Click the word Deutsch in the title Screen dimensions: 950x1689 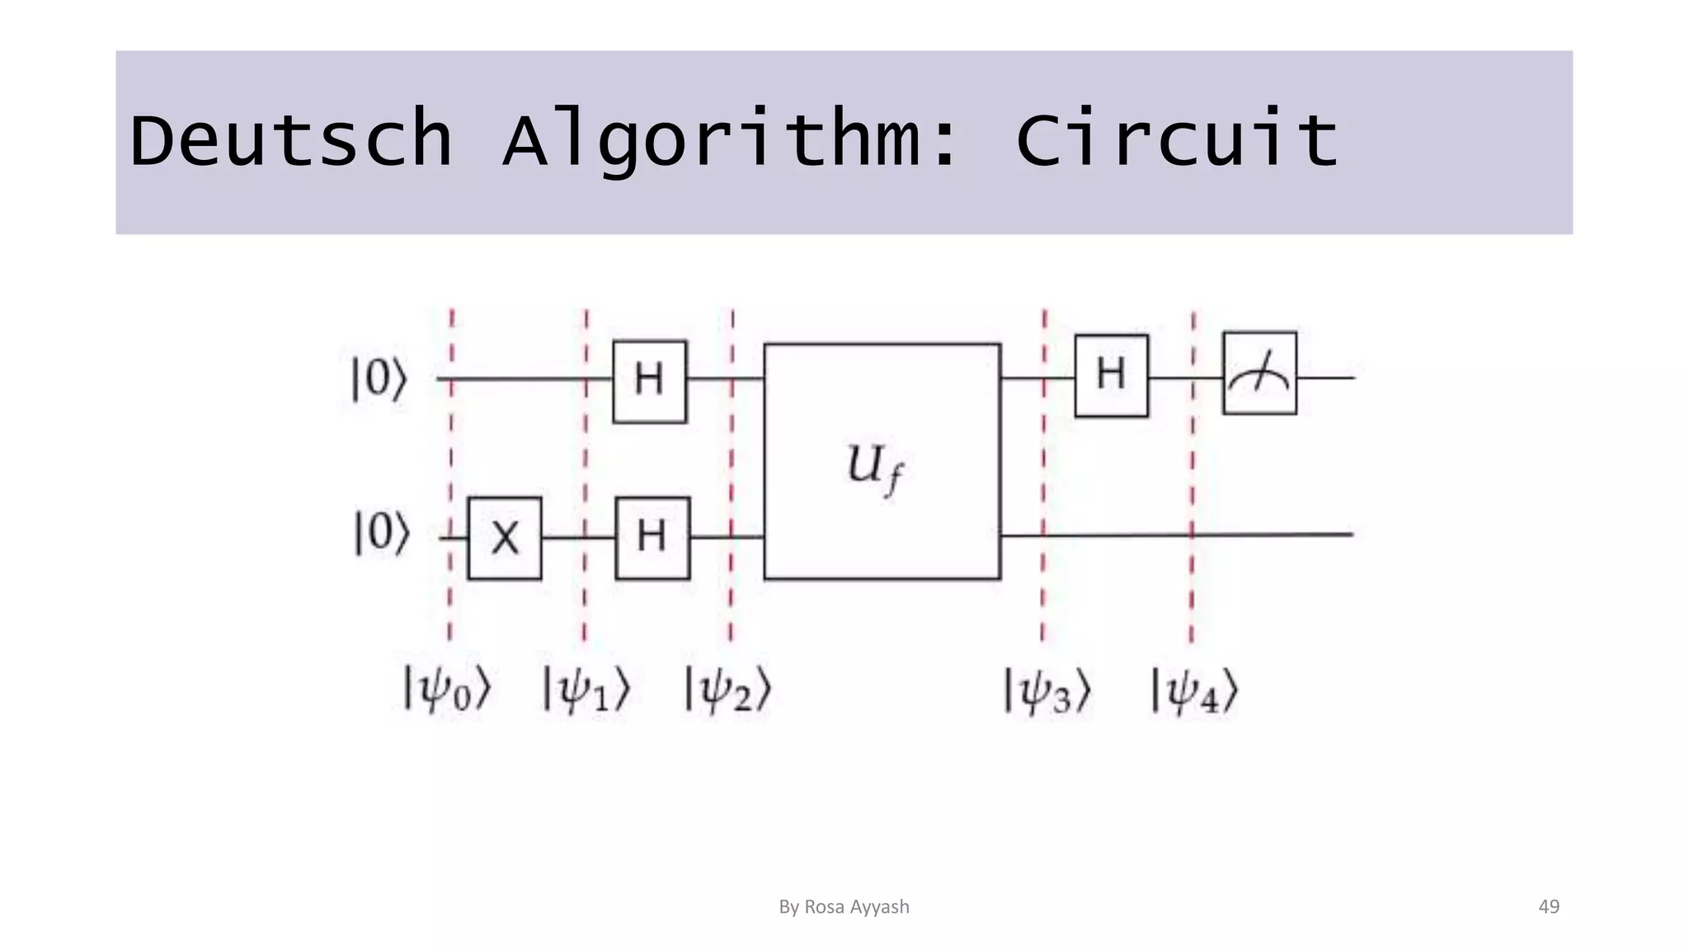(x=291, y=140)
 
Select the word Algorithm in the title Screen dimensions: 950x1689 (x=730, y=140)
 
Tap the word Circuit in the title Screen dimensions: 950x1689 (x=1177, y=140)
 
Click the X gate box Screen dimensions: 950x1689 (x=505, y=538)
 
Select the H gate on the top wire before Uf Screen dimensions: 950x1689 (x=650, y=381)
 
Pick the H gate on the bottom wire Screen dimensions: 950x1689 (x=652, y=538)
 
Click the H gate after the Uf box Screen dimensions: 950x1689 (x=1111, y=375)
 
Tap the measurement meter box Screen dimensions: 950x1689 (x=1259, y=374)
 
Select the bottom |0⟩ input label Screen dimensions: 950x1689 (x=381, y=534)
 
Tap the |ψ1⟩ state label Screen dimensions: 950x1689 (x=586, y=689)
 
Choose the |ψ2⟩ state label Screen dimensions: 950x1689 (x=728, y=689)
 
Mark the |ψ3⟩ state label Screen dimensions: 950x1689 (x=1047, y=689)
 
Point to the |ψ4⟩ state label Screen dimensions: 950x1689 (x=1194, y=689)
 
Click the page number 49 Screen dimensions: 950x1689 (x=1549, y=906)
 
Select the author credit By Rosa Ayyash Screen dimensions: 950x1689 (x=844, y=906)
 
